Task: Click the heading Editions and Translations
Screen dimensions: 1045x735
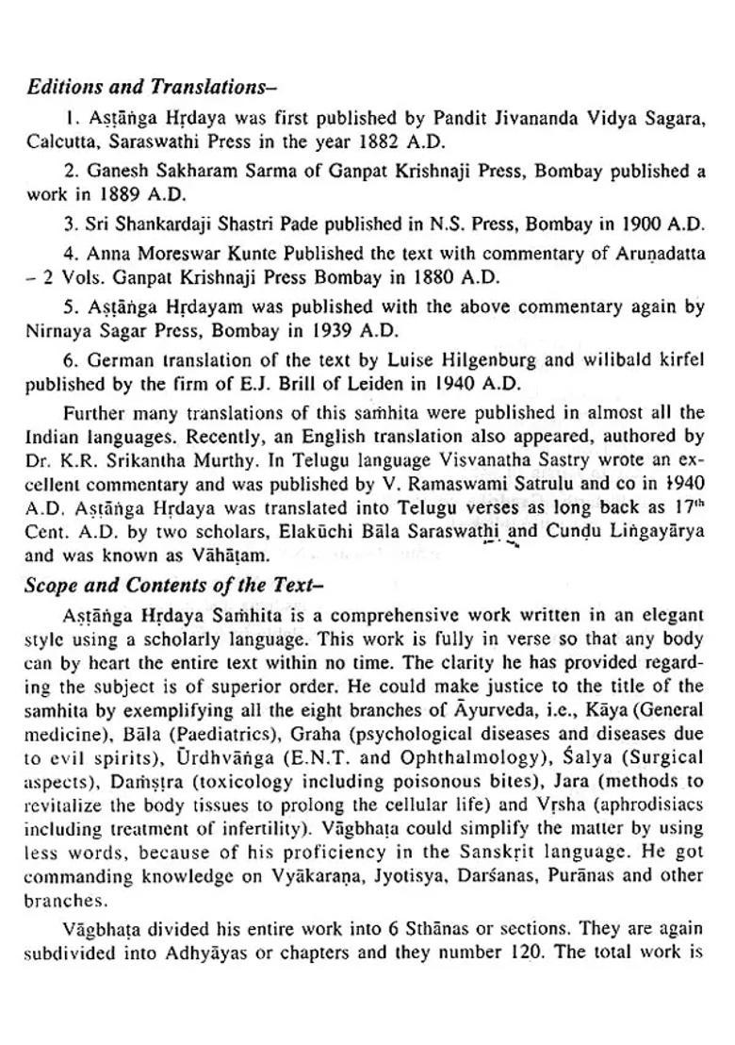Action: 151,87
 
